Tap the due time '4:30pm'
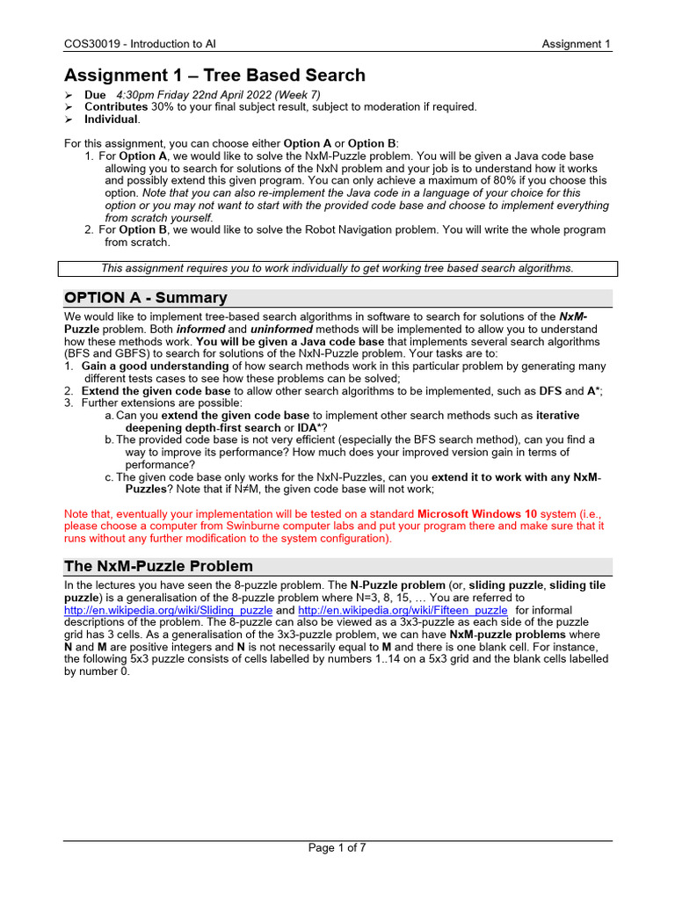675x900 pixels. (x=137, y=94)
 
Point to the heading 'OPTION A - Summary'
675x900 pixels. (x=146, y=297)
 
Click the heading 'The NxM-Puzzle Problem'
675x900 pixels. (x=159, y=566)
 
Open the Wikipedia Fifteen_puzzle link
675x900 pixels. (x=403, y=610)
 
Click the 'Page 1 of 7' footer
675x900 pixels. (x=337, y=848)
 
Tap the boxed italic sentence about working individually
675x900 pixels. (x=337, y=268)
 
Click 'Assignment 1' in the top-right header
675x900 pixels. (x=576, y=45)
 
